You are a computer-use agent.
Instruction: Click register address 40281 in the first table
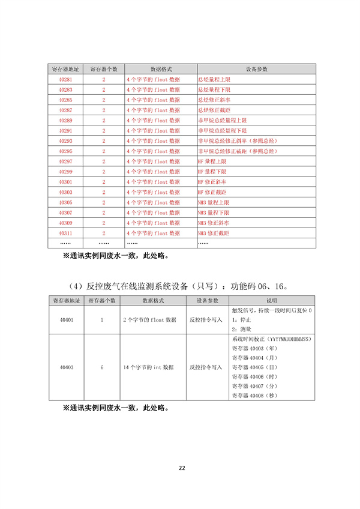pyautogui.click(x=65, y=79)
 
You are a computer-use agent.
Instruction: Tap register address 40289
pyautogui.click(x=65, y=120)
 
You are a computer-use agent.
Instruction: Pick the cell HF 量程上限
pyautogui.click(x=212, y=161)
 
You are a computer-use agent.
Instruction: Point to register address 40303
pyautogui.click(x=65, y=191)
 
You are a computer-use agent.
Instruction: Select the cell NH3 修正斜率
pyautogui.click(x=212, y=223)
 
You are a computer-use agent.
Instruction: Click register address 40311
pyautogui.click(x=65, y=232)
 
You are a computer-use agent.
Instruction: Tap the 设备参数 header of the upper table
pyautogui.click(x=256, y=69)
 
